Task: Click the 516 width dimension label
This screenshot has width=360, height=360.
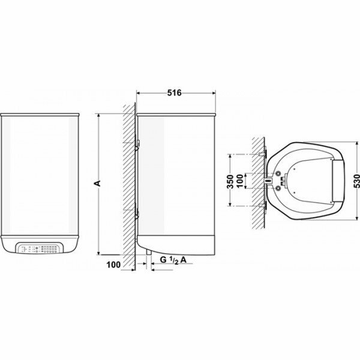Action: [174, 93]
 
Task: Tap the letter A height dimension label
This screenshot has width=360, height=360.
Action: [98, 183]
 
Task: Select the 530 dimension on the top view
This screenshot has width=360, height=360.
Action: [356, 182]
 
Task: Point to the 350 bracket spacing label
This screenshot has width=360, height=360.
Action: [230, 182]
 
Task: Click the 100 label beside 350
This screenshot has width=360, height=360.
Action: [239, 181]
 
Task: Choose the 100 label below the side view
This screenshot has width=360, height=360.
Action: [113, 265]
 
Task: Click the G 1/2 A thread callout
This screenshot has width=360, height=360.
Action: [173, 260]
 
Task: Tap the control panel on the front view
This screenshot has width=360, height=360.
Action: [39, 248]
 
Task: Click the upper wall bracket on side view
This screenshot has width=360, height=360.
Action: [137, 144]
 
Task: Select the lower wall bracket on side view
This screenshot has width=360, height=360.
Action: [137, 213]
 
